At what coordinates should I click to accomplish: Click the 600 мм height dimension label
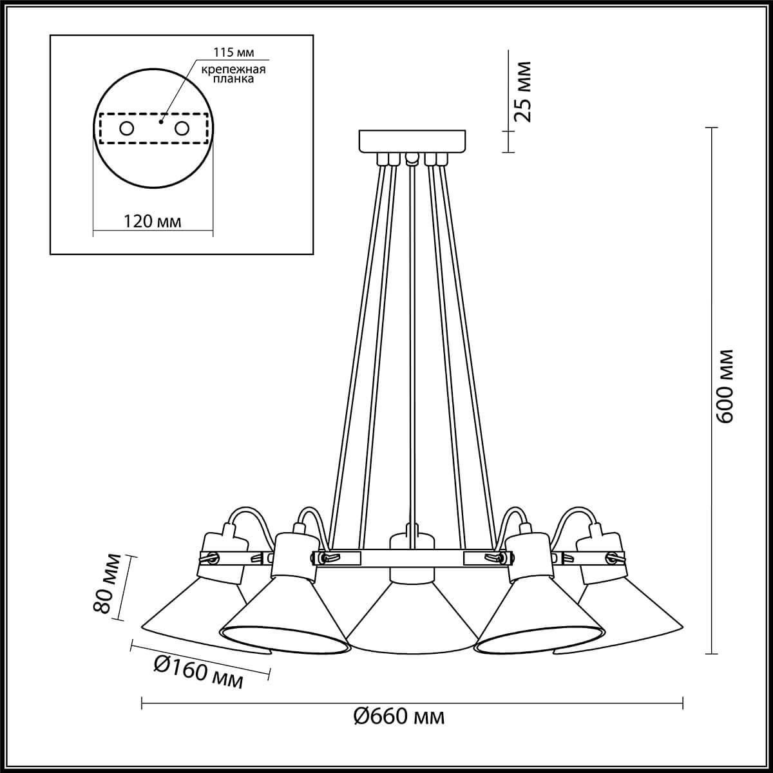(727, 385)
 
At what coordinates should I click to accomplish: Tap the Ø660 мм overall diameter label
(399, 716)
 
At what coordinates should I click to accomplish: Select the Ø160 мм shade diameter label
(199, 672)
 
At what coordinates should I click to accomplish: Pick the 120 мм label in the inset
(153, 222)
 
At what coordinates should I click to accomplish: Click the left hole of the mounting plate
(126, 128)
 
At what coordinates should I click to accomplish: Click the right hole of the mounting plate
(182, 128)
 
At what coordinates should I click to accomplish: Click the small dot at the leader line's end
(162, 119)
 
